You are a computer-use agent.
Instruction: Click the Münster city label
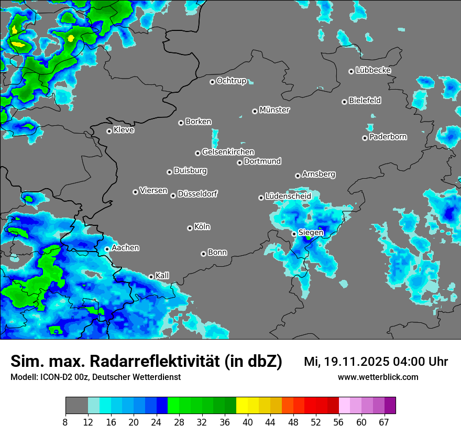275,110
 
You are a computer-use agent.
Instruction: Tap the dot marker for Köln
190,228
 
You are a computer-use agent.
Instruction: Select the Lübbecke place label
373,70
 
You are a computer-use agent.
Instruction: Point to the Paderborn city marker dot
365,138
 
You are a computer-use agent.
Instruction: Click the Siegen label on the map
311,232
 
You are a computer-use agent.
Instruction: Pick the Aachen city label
125,248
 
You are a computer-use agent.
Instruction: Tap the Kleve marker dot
109,131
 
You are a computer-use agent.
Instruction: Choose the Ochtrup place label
231,81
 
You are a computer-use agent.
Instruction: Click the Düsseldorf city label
197,194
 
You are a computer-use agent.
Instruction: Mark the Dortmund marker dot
239,162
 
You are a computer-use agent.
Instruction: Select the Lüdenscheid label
288,197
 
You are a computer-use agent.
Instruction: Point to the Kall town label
162,275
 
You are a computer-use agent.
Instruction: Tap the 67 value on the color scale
384,422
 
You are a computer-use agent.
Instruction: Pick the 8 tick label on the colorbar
65,422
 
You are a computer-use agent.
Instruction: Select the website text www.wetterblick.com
378,377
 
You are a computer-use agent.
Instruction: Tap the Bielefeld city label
365,101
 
